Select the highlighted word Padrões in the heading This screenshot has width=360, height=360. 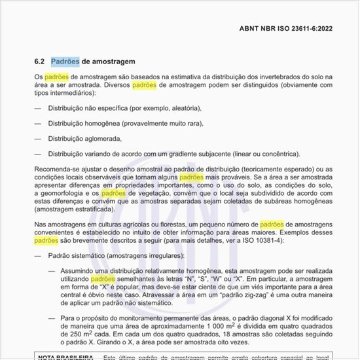click(65, 62)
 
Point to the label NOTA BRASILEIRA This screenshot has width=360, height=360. click(65, 357)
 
